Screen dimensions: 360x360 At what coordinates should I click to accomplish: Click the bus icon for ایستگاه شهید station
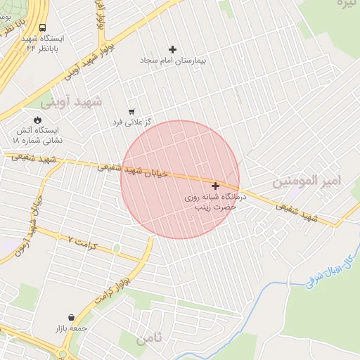point(24,37)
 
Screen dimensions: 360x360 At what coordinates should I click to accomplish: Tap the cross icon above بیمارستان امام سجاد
point(173,49)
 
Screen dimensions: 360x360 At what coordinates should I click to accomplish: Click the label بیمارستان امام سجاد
point(173,62)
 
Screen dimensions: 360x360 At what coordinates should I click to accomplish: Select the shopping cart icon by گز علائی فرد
point(131,112)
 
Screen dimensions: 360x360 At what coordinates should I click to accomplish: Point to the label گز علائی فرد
point(131,123)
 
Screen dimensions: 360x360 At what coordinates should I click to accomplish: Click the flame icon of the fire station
point(37,120)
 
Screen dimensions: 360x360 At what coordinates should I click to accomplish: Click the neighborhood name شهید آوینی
point(70,101)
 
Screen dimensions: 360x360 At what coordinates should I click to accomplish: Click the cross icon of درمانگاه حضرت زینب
point(215,186)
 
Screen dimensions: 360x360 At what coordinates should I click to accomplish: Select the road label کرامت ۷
point(95,245)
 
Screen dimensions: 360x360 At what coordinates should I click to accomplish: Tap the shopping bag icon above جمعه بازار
point(71,317)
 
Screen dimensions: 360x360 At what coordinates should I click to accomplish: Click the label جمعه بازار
point(71,328)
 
